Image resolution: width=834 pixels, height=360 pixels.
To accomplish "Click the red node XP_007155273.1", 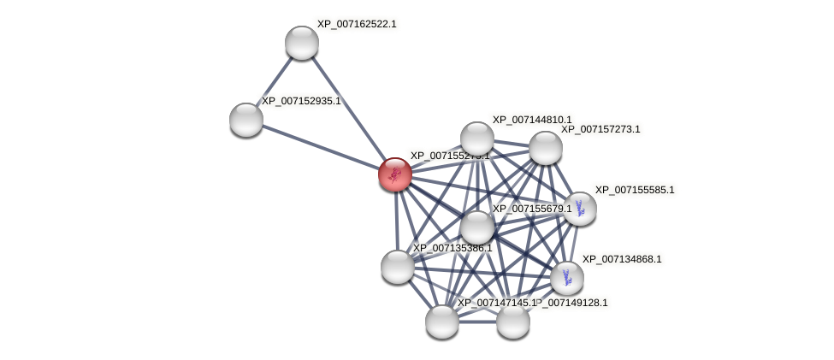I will [x=395, y=174].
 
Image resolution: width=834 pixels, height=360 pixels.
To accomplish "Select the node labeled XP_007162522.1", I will [x=302, y=43].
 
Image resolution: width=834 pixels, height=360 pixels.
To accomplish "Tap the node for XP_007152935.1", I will [x=246, y=120].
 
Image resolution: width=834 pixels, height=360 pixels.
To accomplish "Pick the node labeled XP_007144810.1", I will [x=477, y=139].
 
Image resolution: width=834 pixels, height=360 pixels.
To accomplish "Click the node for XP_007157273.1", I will [x=546, y=148].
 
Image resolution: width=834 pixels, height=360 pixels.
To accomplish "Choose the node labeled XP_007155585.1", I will [x=580, y=208].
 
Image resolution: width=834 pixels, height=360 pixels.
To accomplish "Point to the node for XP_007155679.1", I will [x=477, y=227].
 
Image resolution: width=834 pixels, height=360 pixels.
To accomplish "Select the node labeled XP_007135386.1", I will [x=398, y=267].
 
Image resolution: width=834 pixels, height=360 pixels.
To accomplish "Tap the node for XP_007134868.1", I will [x=567, y=278].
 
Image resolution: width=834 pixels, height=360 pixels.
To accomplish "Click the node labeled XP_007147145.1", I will [x=442, y=322].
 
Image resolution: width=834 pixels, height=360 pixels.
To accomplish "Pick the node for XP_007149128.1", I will [x=513, y=322].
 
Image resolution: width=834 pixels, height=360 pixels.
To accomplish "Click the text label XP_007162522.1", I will [x=357, y=24].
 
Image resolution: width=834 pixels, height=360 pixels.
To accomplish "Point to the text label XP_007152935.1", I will [x=301, y=101].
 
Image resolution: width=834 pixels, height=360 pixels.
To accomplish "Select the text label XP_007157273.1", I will [x=600, y=129].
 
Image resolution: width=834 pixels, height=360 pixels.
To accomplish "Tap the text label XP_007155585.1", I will [x=635, y=190].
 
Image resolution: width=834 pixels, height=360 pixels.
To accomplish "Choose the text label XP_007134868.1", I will [x=622, y=259].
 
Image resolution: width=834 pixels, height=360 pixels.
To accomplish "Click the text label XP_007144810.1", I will [x=532, y=120].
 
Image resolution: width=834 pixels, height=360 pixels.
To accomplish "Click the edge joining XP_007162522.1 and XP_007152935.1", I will [x=274, y=81].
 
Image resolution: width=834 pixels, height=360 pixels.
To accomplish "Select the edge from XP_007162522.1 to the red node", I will [x=348, y=109].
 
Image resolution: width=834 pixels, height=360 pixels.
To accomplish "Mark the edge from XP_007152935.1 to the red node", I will [x=321, y=147].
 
